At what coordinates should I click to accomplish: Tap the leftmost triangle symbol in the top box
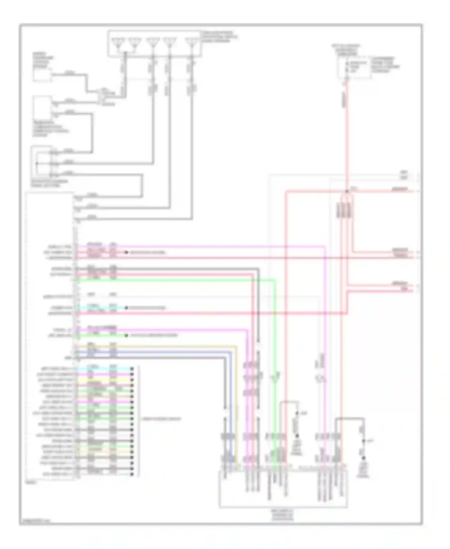pos(118,43)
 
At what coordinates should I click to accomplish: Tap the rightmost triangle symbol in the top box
pos(191,43)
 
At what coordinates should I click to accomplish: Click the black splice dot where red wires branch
pos(347,191)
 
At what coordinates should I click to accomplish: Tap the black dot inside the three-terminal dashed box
pos(37,164)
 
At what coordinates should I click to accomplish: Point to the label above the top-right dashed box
pos(346,50)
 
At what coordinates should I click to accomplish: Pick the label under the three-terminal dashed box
pos(49,183)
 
